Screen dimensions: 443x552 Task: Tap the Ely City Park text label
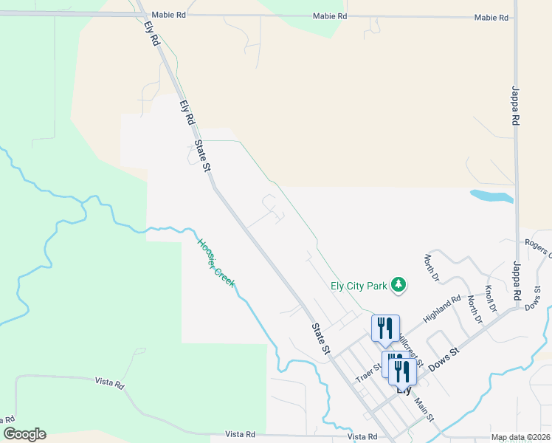coord(359,285)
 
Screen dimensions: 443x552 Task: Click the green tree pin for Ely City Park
coord(399,285)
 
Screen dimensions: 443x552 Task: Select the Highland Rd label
coord(441,309)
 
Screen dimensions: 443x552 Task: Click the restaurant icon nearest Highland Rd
coord(385,328)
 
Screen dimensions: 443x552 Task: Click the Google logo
coord(24,434)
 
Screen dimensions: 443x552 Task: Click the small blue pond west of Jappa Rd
coord(491,196)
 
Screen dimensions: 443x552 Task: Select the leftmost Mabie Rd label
coord(166,15)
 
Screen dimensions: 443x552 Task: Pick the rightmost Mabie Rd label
coord(491,17)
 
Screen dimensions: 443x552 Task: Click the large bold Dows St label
coord(443,355)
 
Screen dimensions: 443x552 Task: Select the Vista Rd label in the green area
coord(109,382)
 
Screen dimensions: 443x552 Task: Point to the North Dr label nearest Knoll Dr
coord(473,309)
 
